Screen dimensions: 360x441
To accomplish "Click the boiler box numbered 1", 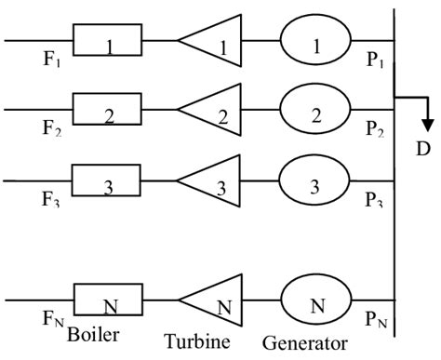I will (107, 41).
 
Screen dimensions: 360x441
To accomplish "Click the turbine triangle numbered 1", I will (213, 41).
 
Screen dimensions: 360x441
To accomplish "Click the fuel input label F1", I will (52, 62).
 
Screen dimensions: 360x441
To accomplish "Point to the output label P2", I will (376, 129).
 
